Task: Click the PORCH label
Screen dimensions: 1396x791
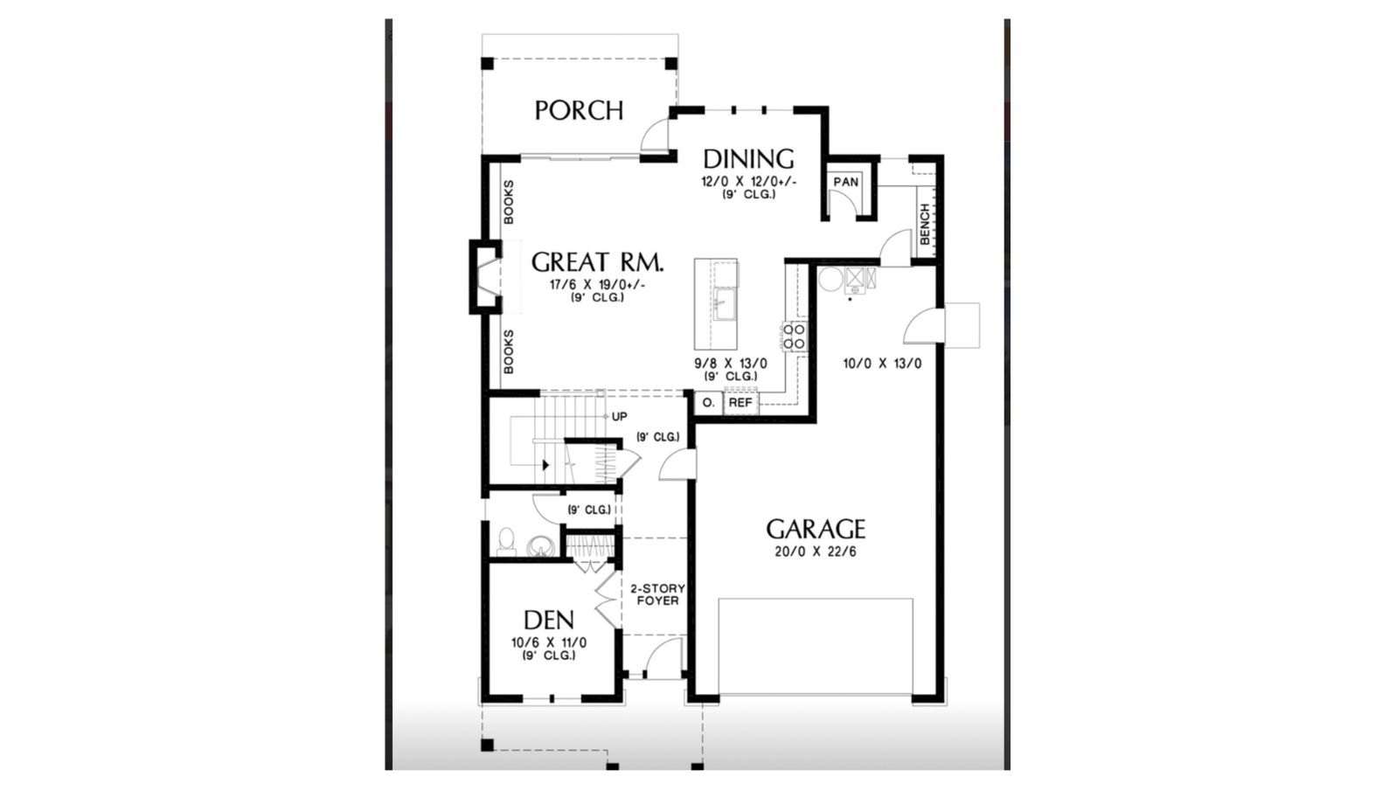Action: (x=579, y=110)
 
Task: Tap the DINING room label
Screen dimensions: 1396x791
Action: (x=748, y=159)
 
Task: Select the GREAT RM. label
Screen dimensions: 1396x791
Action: (x=597, y=262)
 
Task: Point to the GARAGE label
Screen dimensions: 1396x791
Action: (x=816, y=529)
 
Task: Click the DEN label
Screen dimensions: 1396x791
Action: (x=549, y=621)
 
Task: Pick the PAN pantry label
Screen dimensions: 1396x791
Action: (x=845, y=182)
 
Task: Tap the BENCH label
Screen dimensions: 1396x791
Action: (x=925, y=224)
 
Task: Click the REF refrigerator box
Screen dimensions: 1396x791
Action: (x=740, y=403)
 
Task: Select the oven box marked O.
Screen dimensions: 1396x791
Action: (x=709, y=403)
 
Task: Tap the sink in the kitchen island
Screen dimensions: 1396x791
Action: (x=724, y=303)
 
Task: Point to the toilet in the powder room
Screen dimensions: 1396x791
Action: (x=506, y=542)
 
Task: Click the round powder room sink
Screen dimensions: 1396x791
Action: (x=539, y=546)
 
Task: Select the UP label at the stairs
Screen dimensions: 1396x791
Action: (x=620, y=416)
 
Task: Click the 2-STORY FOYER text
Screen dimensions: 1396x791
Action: (x=657, y=594)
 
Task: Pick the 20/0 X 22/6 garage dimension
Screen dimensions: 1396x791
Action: (x=816, y=552)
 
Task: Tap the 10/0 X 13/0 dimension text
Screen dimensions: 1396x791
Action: (x=883, y=364)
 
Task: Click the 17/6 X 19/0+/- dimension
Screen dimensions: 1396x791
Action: (x=598, y=285)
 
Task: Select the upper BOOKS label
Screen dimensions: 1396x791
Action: (x=509, y=202)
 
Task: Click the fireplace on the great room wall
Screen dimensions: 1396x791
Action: (x=486, y=277)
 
